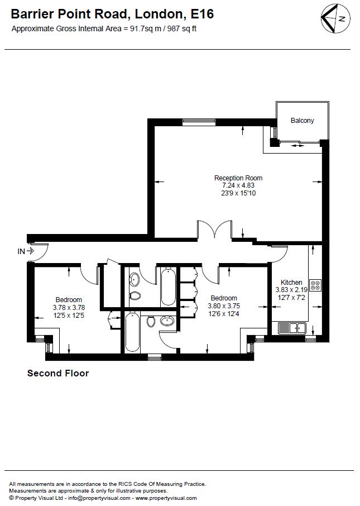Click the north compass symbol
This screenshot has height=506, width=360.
point(335,18)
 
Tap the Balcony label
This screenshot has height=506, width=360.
point(302,121)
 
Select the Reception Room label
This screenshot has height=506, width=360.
point(238,178)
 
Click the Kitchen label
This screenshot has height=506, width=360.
point(291,283)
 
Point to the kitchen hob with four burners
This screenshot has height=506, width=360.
point(315,285)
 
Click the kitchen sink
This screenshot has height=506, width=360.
point(292,328)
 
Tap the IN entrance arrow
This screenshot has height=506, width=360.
point(30,251)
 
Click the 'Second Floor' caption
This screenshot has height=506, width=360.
point(58,374)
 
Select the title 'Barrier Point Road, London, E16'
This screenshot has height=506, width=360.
point(112,14)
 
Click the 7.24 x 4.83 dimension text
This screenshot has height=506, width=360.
point(238,185)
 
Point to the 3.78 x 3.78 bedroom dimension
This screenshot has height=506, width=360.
point(69,308)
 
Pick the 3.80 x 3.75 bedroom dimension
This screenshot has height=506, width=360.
point(224,306)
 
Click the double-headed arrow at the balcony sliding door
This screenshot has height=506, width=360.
point(297,146)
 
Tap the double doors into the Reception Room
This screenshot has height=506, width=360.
point(214,229)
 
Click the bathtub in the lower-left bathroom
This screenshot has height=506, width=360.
point(132,332)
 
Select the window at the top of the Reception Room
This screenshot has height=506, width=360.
point(198,122)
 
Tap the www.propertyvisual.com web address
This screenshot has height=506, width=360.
point(166,498)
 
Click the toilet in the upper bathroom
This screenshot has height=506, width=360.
point(135,295)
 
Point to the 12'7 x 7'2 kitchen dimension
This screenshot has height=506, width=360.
point(291,298)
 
